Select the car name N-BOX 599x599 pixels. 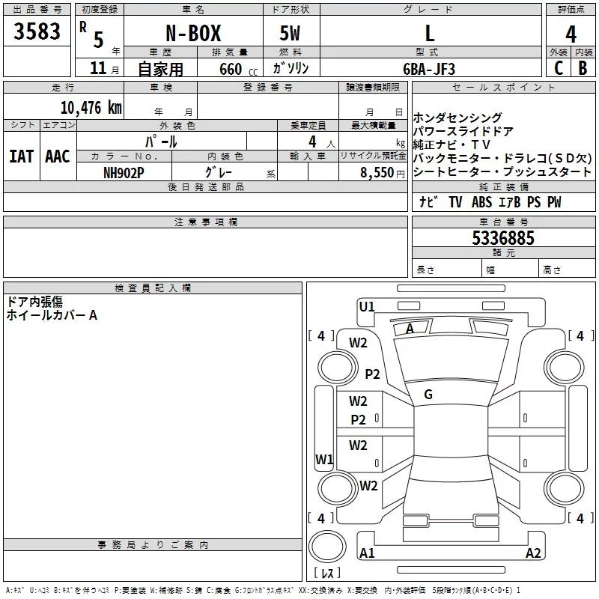(192, 34)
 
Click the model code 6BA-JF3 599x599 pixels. (428, 69)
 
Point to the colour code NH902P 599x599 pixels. (124, 172)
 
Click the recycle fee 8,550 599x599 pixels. (373, 172)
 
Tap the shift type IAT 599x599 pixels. (21, 156)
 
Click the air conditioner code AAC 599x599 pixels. (57, 156)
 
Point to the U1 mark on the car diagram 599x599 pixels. (367, 306)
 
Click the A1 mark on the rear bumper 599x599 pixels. (367, 553)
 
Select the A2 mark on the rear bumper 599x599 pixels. (533, 553)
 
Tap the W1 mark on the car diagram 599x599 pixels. (324, 459)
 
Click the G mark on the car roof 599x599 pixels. (428, 395)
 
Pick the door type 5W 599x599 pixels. (290, 34)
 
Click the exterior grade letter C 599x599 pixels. (558, 68)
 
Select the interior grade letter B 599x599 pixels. (583, 68)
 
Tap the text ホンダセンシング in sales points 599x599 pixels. (457, 118)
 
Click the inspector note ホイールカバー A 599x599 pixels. (52, 315)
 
